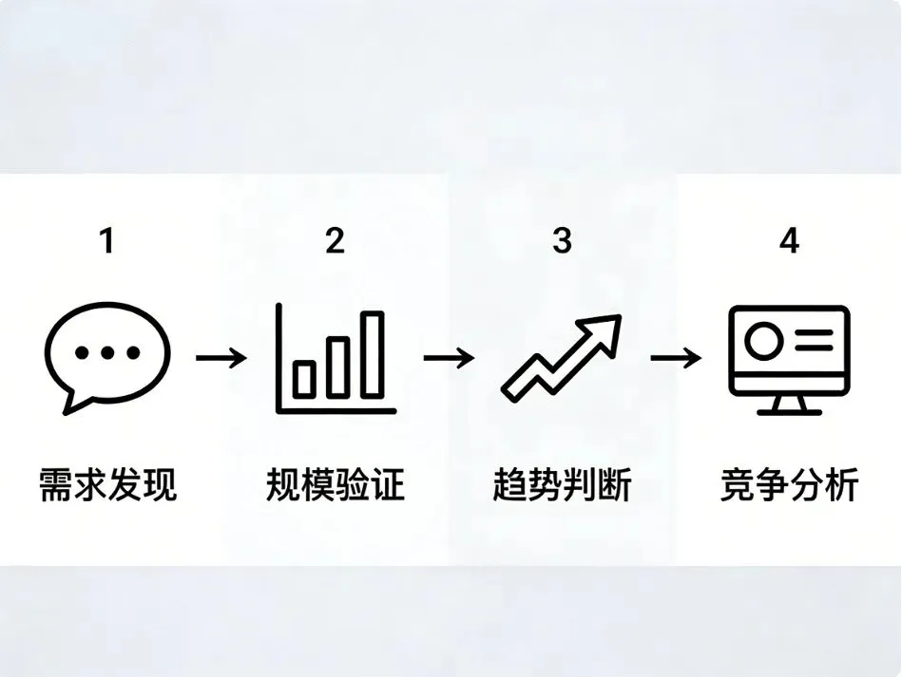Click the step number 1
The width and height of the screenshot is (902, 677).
point(107,241)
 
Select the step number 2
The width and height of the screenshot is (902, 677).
point(335,241)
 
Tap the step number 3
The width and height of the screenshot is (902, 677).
point(562,241)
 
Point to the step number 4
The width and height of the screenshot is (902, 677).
point(789,241)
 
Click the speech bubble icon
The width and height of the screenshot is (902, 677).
point(106,358)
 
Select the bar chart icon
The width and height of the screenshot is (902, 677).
point(335,359)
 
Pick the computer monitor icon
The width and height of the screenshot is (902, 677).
point(788,359)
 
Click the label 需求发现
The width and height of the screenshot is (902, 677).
point(107,485)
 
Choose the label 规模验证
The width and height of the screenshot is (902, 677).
point(335,485)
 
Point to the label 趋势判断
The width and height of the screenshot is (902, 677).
point(562,485)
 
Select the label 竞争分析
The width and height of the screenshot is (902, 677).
point(789,485)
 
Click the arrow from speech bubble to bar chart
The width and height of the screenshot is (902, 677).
point(221,358)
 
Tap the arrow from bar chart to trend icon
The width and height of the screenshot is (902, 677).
point(448,358)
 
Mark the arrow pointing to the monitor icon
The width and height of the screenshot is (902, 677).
point(676,358)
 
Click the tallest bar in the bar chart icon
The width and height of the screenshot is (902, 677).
point(372,354)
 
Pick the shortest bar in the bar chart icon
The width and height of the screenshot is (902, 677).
point(304,378)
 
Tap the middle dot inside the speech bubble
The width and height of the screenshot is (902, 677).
point(106,353)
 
